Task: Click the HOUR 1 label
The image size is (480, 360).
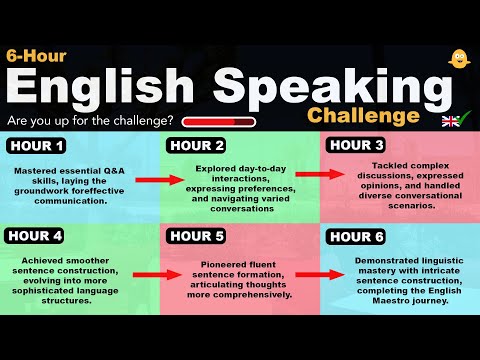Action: point(37,146)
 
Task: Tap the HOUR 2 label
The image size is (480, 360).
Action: point(197,146)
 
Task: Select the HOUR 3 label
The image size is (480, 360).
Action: point(357,146)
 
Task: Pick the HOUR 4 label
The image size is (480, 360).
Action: point(37,237)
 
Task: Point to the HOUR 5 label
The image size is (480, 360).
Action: point(197,237)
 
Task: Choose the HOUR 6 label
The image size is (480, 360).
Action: point(357,237)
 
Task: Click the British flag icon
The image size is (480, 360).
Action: point(452,121)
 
